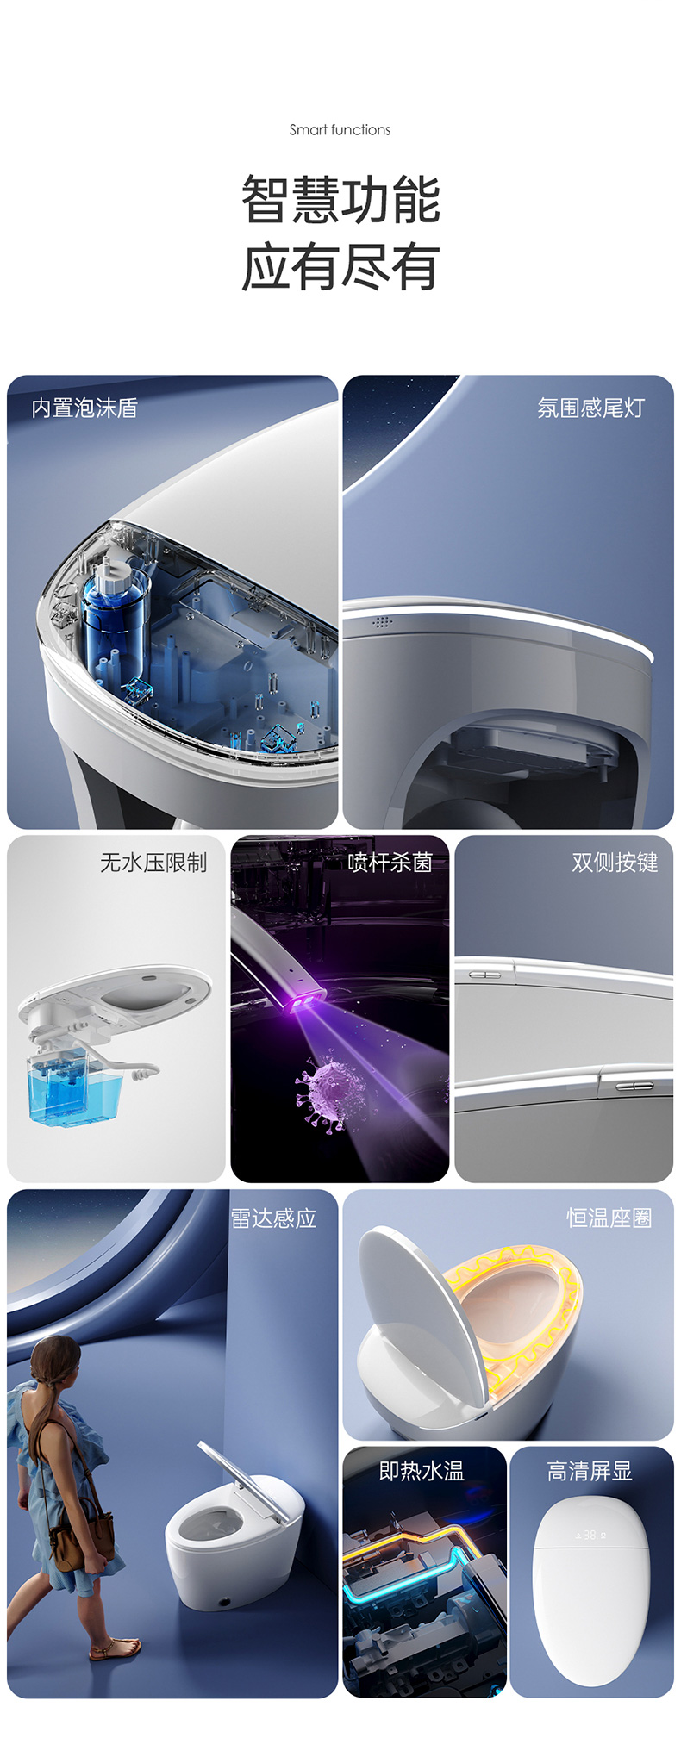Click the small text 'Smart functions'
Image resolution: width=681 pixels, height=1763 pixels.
click(x=340, y=130)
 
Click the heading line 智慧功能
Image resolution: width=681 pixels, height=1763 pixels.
click(x=340, y=199)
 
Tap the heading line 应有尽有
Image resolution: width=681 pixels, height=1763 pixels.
click(x=340, y=267)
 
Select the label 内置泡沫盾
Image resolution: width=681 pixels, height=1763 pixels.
click(x=84, y=408)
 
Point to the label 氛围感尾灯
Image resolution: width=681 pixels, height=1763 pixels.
click(x=590, y=408)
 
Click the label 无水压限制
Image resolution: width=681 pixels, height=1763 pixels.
click(x=153, y=863)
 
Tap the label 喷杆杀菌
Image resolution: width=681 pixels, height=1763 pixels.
click(x=390, y=863)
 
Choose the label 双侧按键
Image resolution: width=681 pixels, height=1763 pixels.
click(x=615, y=863)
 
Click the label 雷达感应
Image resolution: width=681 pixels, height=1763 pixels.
click(x=273, y=1218)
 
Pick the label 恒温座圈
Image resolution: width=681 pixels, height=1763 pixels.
click(x=609, y=1218)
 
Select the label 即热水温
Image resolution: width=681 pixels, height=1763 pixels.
click(x=422, y=1471)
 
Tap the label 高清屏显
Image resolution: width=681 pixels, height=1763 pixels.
click(x=590, y=1471)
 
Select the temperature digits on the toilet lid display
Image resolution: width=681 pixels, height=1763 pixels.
click(x=590, y=1535)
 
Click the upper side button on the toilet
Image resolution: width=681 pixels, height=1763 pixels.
click(x=484, y=975)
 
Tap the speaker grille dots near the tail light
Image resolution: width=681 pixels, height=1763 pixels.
click(x=382, y=621)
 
